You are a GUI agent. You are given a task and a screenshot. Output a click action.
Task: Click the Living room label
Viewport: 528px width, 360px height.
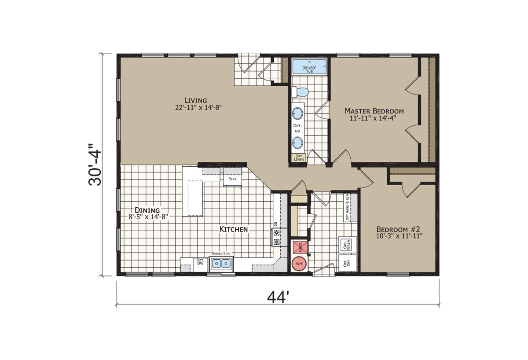click(x=196, y=100)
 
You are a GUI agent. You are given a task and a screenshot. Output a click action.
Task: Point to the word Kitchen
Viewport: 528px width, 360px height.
click(x=234, y=229)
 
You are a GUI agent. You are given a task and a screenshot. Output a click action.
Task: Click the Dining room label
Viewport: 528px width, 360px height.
click(x=147, y=209)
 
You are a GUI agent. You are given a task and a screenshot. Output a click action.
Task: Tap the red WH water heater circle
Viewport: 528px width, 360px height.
click(x=299, y=264)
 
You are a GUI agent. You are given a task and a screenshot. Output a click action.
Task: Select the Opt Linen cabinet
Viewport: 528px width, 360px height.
click(x=298, y=157)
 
